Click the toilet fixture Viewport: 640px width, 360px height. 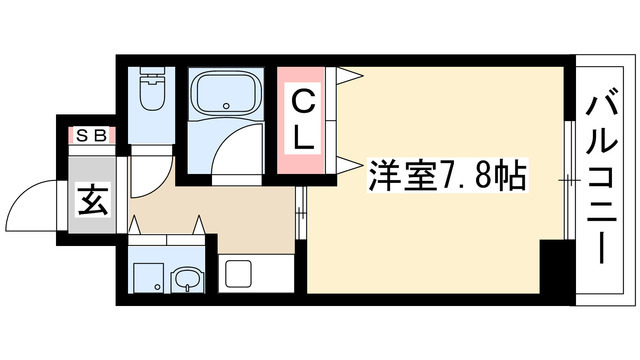coord(153,96)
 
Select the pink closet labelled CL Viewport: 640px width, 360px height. coord(305,120)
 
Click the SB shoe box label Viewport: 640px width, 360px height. coord(91,136)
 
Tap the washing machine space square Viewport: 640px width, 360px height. coord(147,274)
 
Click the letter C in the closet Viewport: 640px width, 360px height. coord(305,99)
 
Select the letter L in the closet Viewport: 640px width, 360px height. coord(305,140)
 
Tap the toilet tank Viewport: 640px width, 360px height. coord(153,75)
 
